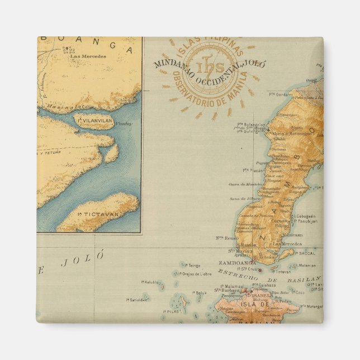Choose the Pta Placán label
253,169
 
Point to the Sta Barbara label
228,291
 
